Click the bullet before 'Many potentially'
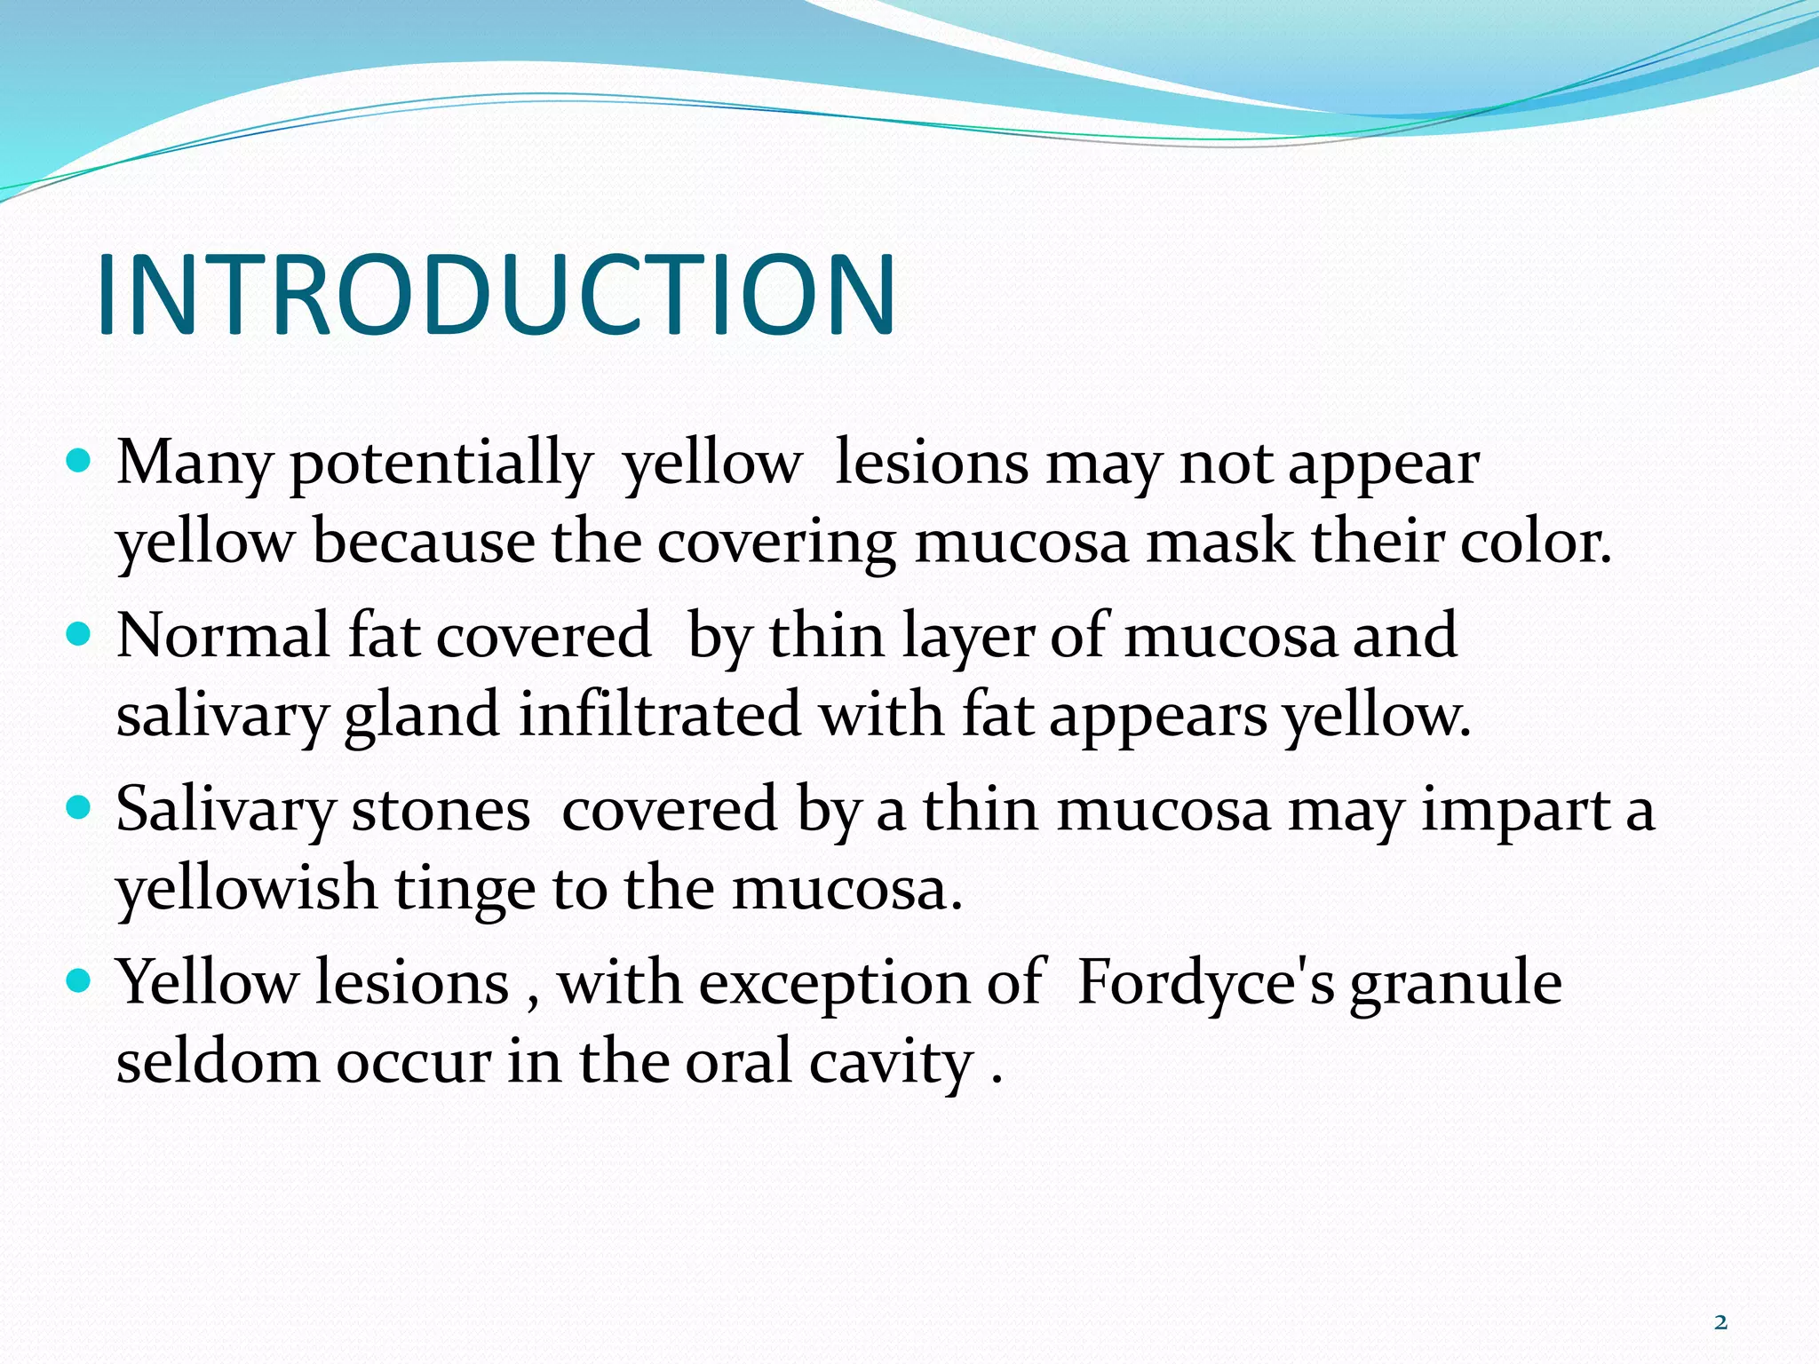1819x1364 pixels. click(79, 462)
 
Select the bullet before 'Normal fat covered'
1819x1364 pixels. click(79, 635)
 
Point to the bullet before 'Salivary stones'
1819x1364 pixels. click(79, 808)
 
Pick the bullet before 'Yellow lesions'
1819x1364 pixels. click(79, 981)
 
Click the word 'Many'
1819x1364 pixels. click(195, 464)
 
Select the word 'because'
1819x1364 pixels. click(424, 542)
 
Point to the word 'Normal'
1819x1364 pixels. click(223, 636)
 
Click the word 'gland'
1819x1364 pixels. click(422, 716)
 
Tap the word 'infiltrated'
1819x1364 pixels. click(659, 716)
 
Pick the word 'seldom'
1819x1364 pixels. click(218, 1062)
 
